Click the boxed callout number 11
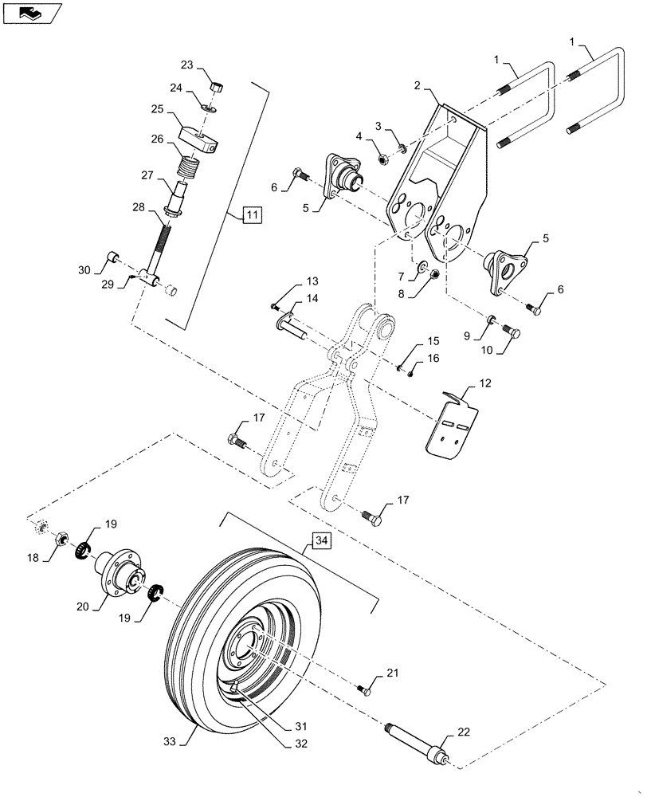(251, 214)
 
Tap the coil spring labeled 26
(188, 170)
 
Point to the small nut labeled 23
(215, 86)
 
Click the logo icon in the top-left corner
(30, 13)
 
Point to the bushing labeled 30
(113, 257)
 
